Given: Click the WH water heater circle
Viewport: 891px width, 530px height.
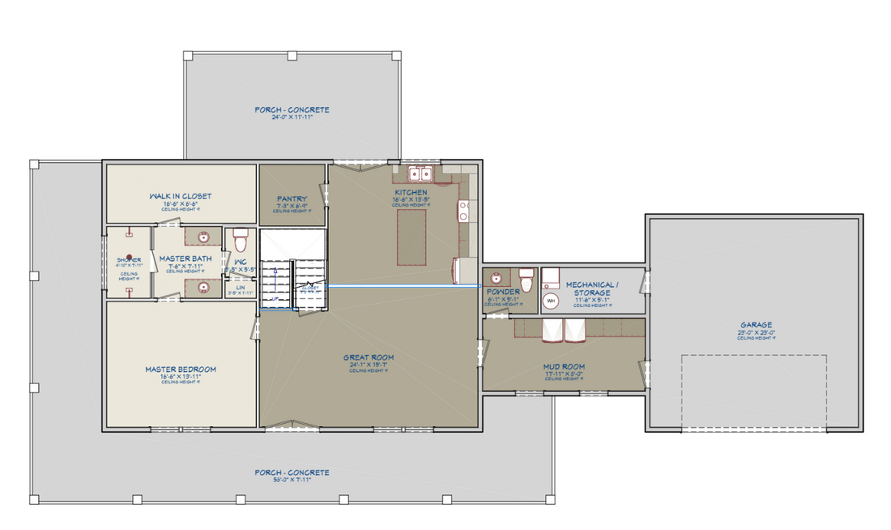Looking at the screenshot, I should tap(551, 301).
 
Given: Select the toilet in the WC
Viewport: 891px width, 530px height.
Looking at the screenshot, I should tap(240, 241).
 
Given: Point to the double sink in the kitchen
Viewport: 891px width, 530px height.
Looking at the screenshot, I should tap(420, 173).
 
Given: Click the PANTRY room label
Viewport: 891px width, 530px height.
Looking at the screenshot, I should tap(291, 198).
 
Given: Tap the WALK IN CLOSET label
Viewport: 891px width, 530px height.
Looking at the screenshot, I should tap(180, 196).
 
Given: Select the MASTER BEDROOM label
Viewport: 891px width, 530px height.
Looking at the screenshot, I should tap(181, 370).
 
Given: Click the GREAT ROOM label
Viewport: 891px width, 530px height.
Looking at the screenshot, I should tap(369, 357).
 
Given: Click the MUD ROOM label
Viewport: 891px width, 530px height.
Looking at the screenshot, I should tap(564, 366).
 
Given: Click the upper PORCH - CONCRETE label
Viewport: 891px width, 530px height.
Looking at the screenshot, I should tap(292, 110).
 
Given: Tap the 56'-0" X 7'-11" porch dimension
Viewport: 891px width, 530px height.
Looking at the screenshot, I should tap(292, 480).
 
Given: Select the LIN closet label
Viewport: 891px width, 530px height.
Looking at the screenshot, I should tap(240, 286).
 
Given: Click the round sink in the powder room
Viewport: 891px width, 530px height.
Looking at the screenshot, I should tap(495, 279).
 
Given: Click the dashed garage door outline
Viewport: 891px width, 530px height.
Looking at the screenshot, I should tap(753, 391).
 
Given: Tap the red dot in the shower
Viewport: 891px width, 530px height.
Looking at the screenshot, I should tap(130, 257).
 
